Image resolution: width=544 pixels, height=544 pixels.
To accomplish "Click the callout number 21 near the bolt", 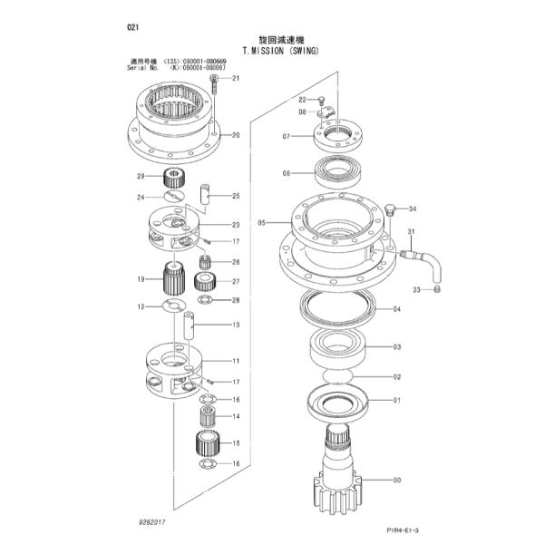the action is (x=236, y=78).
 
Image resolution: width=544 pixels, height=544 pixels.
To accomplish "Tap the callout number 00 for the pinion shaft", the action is (x=397, y=481).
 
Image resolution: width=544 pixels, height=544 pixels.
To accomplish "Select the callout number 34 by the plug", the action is (x=413, y=209).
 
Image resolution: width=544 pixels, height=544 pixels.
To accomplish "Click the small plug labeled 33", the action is (x=437, y=288).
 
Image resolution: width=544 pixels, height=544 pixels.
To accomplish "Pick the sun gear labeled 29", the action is (x=173, y=177).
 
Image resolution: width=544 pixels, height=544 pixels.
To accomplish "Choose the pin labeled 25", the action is (x=205, y=195).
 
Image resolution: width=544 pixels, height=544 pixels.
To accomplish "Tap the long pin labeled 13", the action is (x=189, y=325).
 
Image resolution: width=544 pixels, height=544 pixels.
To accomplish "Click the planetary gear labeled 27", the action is (x=205, y=281).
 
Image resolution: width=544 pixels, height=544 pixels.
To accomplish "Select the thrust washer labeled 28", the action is (x=205, y=299).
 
